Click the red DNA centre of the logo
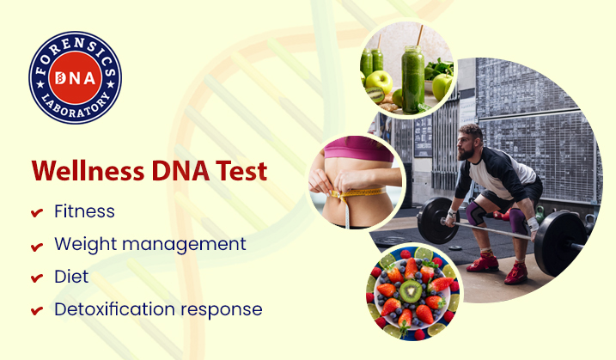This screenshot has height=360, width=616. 76,78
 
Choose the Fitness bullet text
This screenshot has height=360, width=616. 84,211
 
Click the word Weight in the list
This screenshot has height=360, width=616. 82,244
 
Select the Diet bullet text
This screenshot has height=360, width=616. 70,277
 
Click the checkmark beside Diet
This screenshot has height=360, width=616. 36,278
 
